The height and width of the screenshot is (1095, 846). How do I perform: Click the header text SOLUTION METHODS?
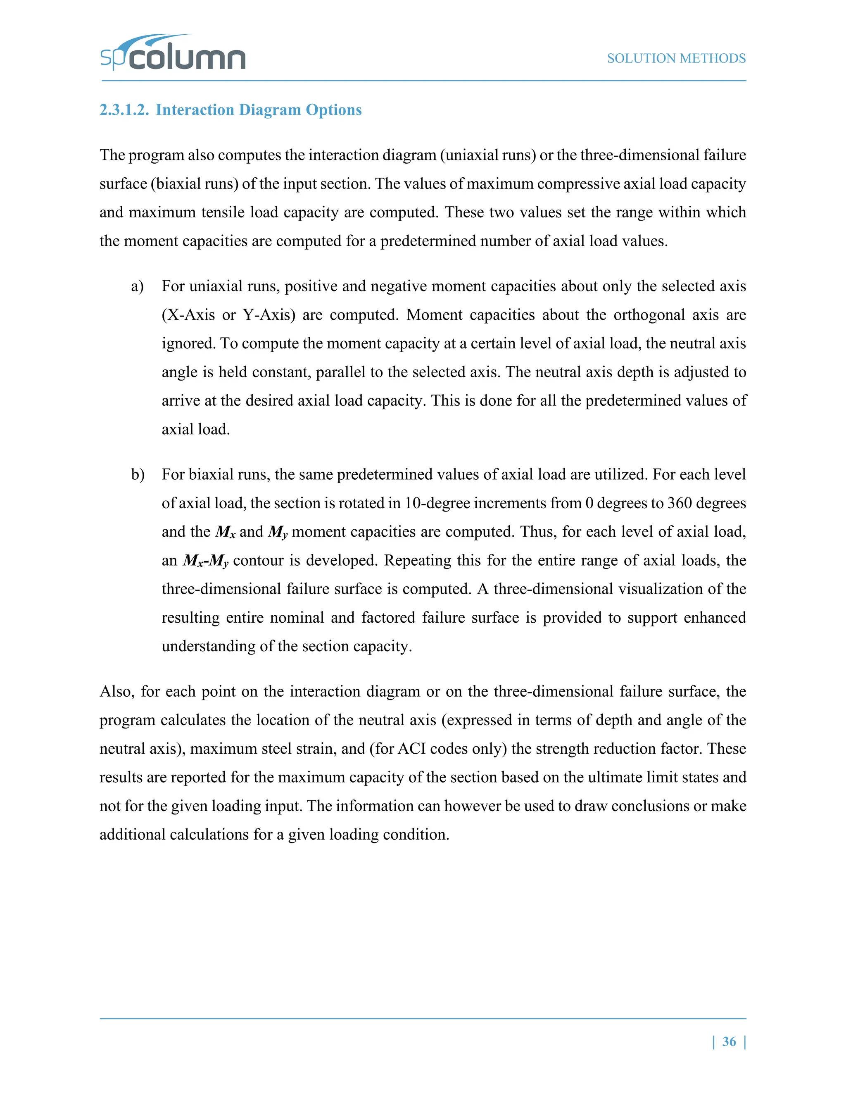pos(676,59)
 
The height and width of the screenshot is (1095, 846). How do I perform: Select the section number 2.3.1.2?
pos(124,110)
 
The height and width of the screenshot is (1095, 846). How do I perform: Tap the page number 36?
pos(729,1041)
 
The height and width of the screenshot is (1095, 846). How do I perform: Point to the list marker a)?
pos(137,286)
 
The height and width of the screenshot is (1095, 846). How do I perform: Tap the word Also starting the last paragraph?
pos(116,691)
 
